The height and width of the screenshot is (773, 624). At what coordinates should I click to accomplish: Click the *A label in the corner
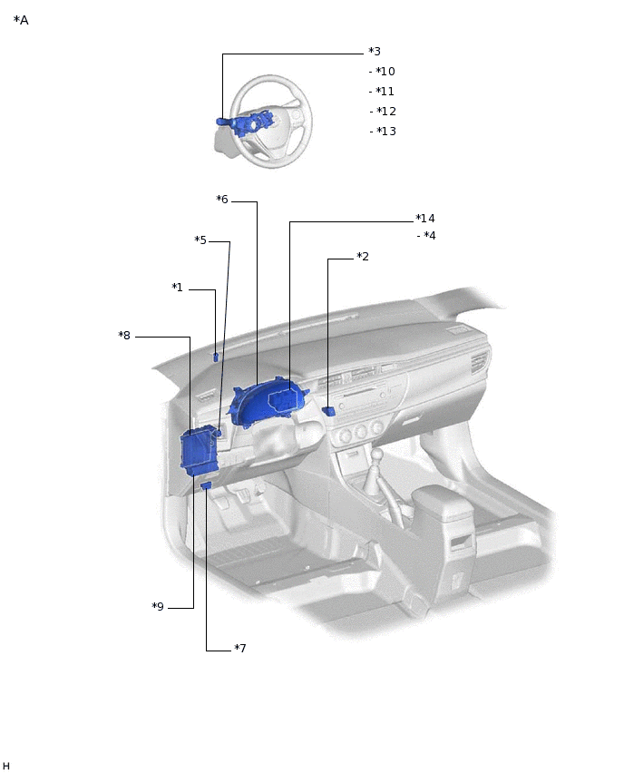[21, 20]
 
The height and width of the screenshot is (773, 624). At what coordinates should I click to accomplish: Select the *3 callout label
[375, 52]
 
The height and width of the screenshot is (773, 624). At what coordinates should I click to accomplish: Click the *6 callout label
[222, 200]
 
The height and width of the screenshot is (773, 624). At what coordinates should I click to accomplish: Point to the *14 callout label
[425, 218]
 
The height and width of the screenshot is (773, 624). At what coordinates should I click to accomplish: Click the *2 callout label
[363, 257]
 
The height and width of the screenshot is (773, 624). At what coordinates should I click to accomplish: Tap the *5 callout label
[200, 240]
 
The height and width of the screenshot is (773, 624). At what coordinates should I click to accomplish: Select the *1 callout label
[178, 287]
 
